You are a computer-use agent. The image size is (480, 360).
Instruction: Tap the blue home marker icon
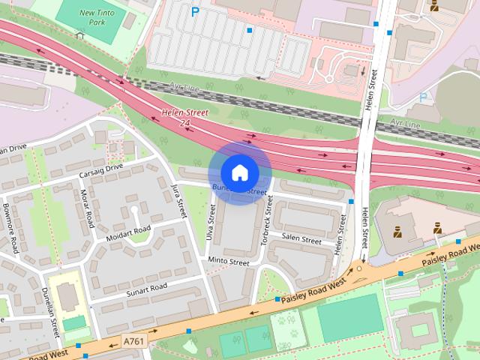(x=239, y=173)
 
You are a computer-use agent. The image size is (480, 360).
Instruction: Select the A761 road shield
(x=134, y=341)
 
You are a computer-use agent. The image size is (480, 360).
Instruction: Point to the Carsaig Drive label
(x=100, y=171)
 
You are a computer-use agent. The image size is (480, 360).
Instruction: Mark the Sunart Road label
(x=145, y=288)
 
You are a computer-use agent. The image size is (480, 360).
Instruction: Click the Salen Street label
(x=301, y=241)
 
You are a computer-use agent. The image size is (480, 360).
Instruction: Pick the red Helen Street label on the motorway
(x=185, y=113)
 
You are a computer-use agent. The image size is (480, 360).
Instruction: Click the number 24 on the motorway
(x=185, y=123)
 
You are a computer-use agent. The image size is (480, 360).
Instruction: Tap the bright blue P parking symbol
(x=196, y=12)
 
